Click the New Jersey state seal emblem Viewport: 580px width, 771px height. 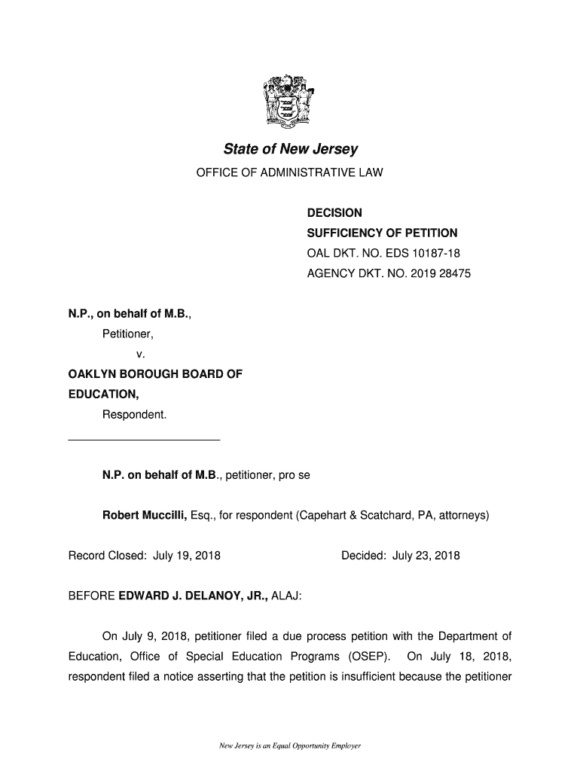(290, 99)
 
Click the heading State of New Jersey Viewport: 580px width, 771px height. (290, 149)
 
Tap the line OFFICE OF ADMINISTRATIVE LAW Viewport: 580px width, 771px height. (290, 173)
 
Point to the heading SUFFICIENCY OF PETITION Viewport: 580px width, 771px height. (382, 233)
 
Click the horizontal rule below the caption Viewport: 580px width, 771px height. (144, 439)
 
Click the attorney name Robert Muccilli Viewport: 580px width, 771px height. (144, 516)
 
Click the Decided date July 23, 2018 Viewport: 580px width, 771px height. (426, 556)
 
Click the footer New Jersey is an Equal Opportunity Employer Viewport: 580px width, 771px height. (290, 746)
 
